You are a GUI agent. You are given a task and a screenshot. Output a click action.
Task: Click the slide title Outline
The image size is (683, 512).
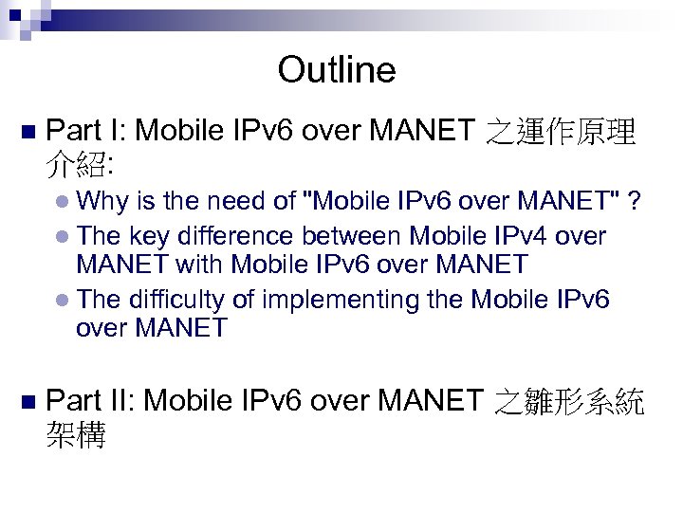[337, 70]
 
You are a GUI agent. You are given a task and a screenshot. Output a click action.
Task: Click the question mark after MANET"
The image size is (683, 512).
[635, 200]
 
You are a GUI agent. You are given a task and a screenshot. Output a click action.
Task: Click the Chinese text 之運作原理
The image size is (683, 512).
[560, 133]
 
